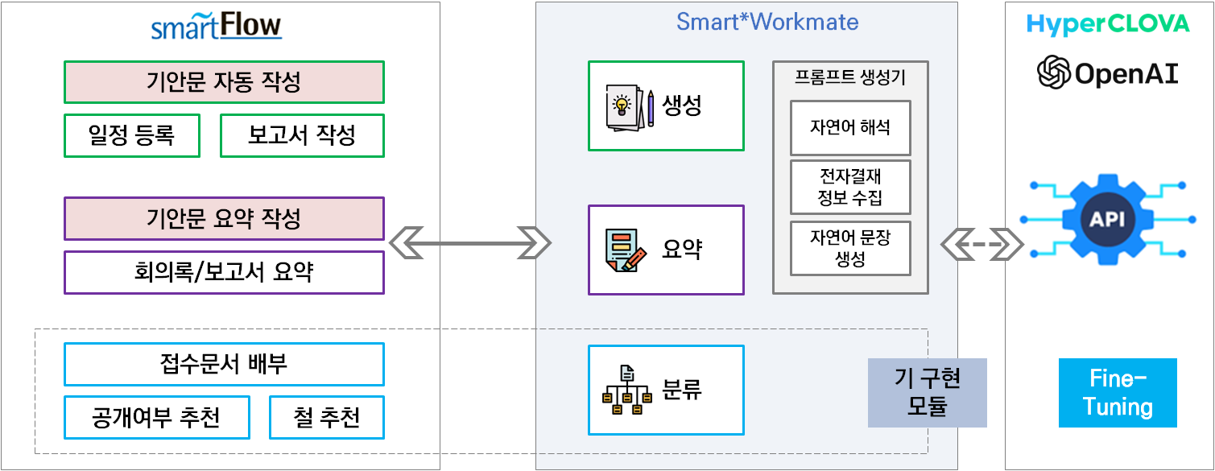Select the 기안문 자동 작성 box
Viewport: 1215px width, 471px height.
point(224,82)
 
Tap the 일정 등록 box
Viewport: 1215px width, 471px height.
point(131,135)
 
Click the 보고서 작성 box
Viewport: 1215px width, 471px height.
point(302,135)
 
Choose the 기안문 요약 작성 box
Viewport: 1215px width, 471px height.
point(224,218)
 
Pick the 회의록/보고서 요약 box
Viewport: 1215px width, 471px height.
point(224,272)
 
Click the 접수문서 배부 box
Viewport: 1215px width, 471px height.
point(224,364)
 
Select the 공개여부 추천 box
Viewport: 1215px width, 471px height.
point(156,417)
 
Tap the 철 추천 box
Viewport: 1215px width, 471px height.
point(326,417)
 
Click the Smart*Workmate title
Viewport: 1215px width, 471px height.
point(767,22)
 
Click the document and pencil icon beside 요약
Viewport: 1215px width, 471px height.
point(626,250)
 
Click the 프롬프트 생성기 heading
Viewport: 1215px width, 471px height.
point(850,78)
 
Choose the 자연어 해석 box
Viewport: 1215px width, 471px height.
point(850,127)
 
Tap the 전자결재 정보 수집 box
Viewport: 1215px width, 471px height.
point(850,187)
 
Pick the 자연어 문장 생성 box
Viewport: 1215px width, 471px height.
point(850,248)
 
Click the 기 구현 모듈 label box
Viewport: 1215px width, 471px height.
point(928,392)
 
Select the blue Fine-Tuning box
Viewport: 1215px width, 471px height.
point(1118,392)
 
